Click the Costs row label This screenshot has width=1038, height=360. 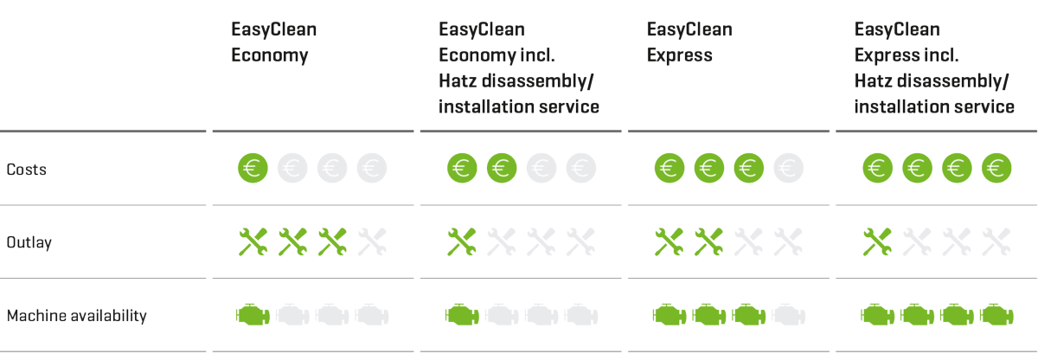pyautogui.click(x=27, y=169)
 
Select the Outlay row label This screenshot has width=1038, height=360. pyautogui.click(x=29, y=242)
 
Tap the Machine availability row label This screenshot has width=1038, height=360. pyautogui.click(x=76, y=316)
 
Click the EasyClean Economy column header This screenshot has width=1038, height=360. pyautogui.click(x=274, y=42)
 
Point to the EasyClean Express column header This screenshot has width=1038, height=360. pyautogui.click(x=689, y=42)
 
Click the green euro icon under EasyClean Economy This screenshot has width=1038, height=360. pyautogui.click(x=253, y=168)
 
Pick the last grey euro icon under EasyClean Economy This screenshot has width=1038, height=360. pyautogui.click(x=372, y=168)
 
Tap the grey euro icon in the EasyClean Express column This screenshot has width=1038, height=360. pyautogui.click(x=788, y=168)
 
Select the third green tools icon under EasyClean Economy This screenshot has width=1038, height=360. pyautogui.click(x=332, y=241)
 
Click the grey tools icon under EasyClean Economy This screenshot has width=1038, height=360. pyautogui.click(x=372, y=241)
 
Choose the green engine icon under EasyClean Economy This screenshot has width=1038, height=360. pyautogui.click(x=253, y=315)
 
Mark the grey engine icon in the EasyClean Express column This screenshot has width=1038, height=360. pyautogui.click(x=788, y=315)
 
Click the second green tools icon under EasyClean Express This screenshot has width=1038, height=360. pyautogui.click(x=709, y=241)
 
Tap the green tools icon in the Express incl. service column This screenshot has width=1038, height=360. pyautogui.click(x=877, y=241)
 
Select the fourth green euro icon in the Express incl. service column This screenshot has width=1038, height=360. pyautogui.click(x=996, y=168)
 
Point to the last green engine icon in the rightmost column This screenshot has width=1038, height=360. pyautogui.click(x=996, y=315)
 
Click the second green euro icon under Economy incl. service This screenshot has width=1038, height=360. pyautogui.click(x=502, y=168)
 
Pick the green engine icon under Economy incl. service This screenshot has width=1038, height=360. pyautogui.click(x=462, y=315)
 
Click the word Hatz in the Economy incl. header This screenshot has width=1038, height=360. pyautogui.click(x=457, y=81)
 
